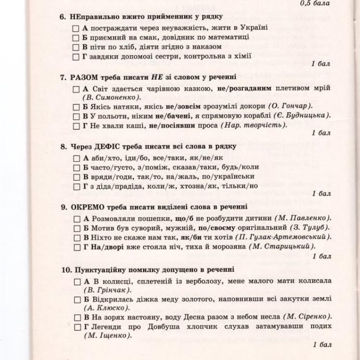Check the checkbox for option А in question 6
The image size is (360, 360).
(x=75, y=28)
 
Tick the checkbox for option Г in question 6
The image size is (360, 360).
(x=75, y=57)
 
